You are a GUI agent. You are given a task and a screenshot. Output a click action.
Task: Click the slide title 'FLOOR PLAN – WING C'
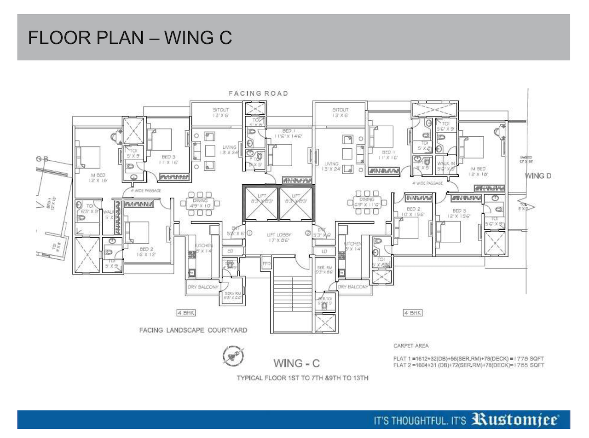tap(130, 38)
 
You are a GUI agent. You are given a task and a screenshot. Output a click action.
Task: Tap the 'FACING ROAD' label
tap(259, 93)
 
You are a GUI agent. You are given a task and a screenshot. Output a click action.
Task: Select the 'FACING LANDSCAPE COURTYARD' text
tap(193, 330)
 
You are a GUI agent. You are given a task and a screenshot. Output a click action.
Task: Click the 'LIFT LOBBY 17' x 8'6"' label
tap(277, 237)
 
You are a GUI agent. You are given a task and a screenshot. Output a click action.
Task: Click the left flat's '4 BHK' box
tap(186, 313)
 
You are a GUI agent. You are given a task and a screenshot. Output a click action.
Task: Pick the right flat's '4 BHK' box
tap(412, 313)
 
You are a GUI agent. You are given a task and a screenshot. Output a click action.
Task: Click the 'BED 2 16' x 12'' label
tap(147, 251)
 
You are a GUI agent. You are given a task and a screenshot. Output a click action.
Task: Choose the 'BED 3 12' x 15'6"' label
tap(459, 213)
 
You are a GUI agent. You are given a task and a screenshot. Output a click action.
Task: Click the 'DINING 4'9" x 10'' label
tap(200, 203)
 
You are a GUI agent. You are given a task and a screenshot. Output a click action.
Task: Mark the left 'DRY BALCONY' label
tap(203, 287)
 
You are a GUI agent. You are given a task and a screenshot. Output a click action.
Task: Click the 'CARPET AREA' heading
tap(411, 345)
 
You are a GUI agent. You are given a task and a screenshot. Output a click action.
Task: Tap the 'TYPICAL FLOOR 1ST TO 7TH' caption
tap(303, 378)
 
